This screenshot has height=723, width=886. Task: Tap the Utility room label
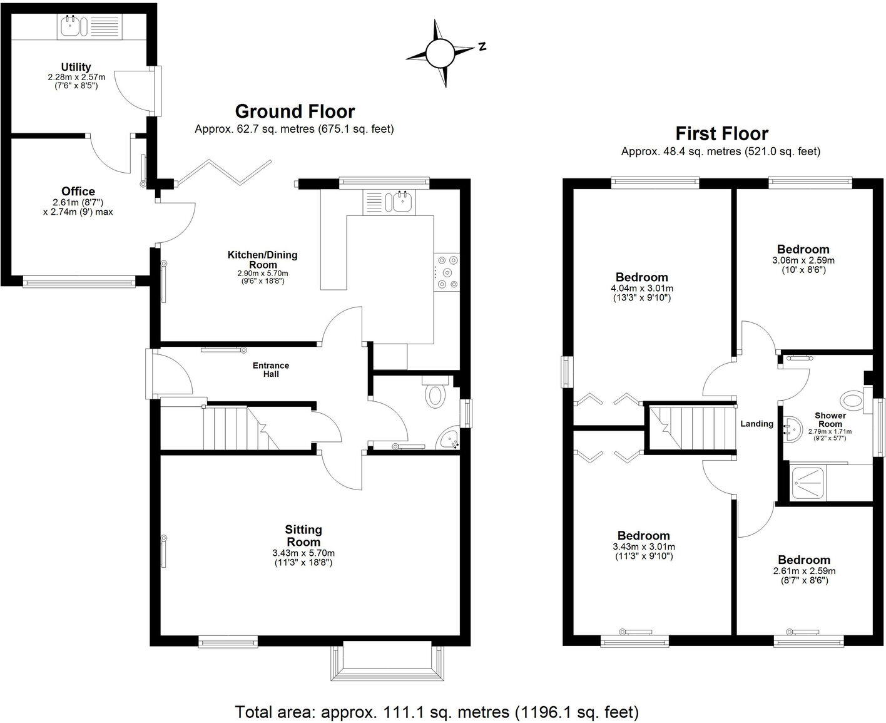(76, 67)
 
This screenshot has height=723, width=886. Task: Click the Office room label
(78, 192)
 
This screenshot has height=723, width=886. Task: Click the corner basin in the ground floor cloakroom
(449, 440)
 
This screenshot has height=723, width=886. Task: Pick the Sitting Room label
(303, 536)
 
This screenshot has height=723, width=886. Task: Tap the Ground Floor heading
(295, 111)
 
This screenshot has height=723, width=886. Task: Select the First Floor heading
(721, 133)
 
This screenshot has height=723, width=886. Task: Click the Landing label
(756, 424)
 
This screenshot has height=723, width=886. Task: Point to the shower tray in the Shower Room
(807, 483)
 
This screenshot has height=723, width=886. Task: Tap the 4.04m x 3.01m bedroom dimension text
(642, 289)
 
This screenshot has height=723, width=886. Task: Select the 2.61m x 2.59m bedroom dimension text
(804, 571)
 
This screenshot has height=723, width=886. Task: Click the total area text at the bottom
(437, 712)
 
